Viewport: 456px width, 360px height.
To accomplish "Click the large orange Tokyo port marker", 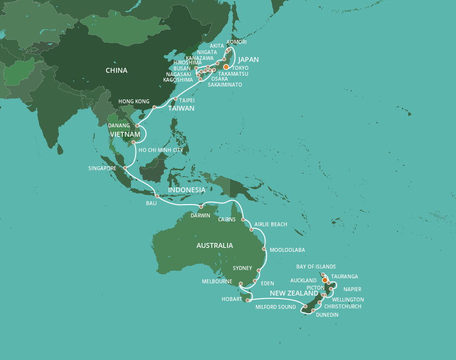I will coord(226,67).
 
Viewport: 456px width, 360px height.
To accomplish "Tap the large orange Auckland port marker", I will coord(325,280).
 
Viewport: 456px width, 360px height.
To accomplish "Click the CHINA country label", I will coord(116,70).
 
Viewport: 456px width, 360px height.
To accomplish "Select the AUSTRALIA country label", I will coord(214,245).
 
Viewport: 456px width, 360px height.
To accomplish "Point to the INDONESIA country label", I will coord(187,190).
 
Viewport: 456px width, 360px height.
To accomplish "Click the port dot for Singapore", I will coord(125,168).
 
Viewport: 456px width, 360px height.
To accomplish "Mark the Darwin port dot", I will coord(200,207).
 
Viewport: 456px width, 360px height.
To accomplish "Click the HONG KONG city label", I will coord(134,102).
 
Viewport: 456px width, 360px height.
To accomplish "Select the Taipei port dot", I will coord(175,99).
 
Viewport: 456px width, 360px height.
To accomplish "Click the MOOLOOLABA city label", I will coord(287,250).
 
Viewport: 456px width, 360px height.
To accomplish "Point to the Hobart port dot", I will coord(248,300).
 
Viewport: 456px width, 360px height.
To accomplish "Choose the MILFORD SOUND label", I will coord(275,307).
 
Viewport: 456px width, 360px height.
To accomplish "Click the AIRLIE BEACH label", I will coord(271,224).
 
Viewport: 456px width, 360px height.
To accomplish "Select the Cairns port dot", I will coord(243,219).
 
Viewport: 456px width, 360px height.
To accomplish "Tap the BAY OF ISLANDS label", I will coord(316,267).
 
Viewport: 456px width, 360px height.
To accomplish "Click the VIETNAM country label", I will coord(125,134).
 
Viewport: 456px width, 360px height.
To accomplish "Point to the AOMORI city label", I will coord(236,42).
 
